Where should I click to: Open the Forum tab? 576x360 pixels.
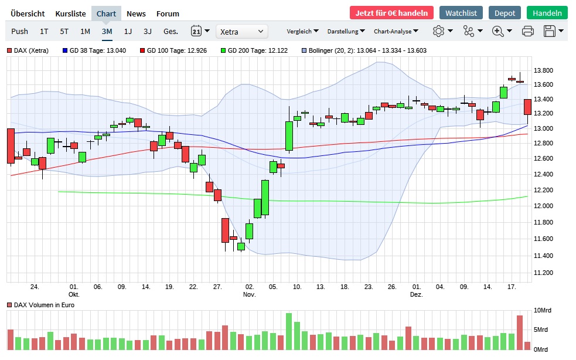[x=168, y=13]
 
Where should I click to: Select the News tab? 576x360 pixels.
[x=136, y=13]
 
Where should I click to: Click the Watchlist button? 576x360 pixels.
[x=461, y=13]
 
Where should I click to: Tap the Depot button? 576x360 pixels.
[x=505, y=13]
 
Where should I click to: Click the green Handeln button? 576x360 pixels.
[x=547, y=13]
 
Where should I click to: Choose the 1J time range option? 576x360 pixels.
[x=128, y=31]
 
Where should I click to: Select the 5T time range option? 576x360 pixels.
[x=64, y=31]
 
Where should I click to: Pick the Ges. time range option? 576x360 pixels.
[x=171, y=31]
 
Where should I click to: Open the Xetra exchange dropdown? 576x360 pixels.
[x=241, y=31]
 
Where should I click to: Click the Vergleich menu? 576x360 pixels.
[x=302, y=31]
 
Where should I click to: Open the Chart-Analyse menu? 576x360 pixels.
[x=396, y=31]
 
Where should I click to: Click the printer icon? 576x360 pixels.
[x=527, y=31]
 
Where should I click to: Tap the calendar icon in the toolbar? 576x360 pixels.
[x=197, y=31]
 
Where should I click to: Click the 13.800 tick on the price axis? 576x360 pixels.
[x=544, y=70]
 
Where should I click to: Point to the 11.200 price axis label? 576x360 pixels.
[x=544, y=273]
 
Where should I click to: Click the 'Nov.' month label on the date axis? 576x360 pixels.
[x=250, y=294]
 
